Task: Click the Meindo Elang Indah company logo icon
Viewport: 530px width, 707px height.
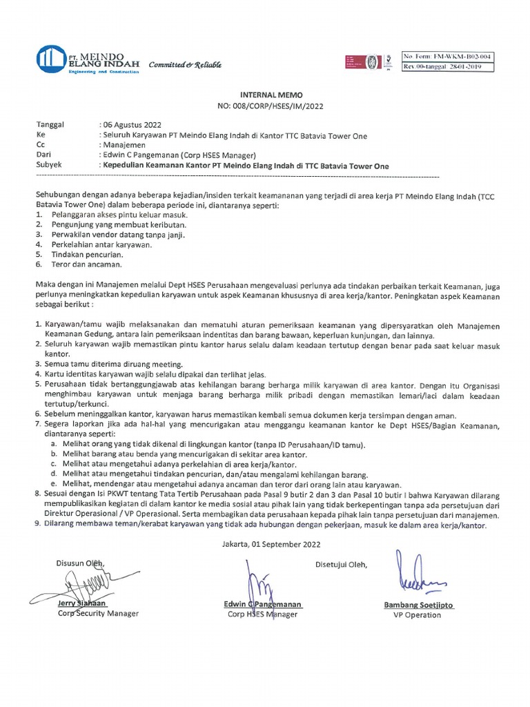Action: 52,61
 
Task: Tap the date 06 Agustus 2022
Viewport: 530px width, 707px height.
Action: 132,125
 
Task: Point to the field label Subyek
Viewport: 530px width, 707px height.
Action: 49,166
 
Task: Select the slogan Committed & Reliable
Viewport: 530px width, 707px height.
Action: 185,64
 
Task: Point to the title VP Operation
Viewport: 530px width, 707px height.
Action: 417,615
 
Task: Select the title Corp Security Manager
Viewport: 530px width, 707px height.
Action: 98,613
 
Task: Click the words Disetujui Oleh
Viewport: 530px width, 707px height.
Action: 341,565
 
